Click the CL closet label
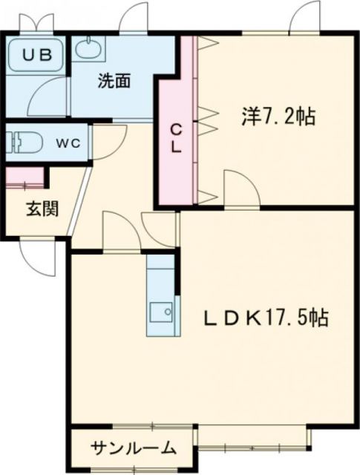pos(176,137)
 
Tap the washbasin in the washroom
pos(89,50)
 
